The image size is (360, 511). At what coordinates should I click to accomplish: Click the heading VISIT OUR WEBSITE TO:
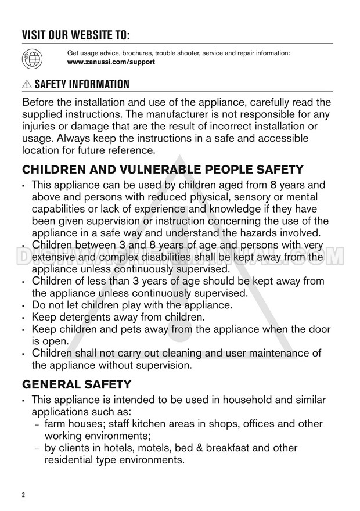pyautogui.click(x=75, y=33)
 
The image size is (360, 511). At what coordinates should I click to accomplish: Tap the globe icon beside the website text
pyautogui.click(x=32, y=57)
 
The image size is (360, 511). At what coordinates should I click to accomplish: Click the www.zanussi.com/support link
pyautogui.click(x=111, y=62)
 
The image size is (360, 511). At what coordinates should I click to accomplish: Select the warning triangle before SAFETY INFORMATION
pyautogui.click(x=27, y=85)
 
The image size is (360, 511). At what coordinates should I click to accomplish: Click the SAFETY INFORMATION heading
pyautogui.click(x=82, y=85)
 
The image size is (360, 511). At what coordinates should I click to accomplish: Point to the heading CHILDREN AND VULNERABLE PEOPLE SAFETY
pyautogui.click(x=162, y=170)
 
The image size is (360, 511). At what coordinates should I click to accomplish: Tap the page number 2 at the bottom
pyautogui.click(x=24, y=495)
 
